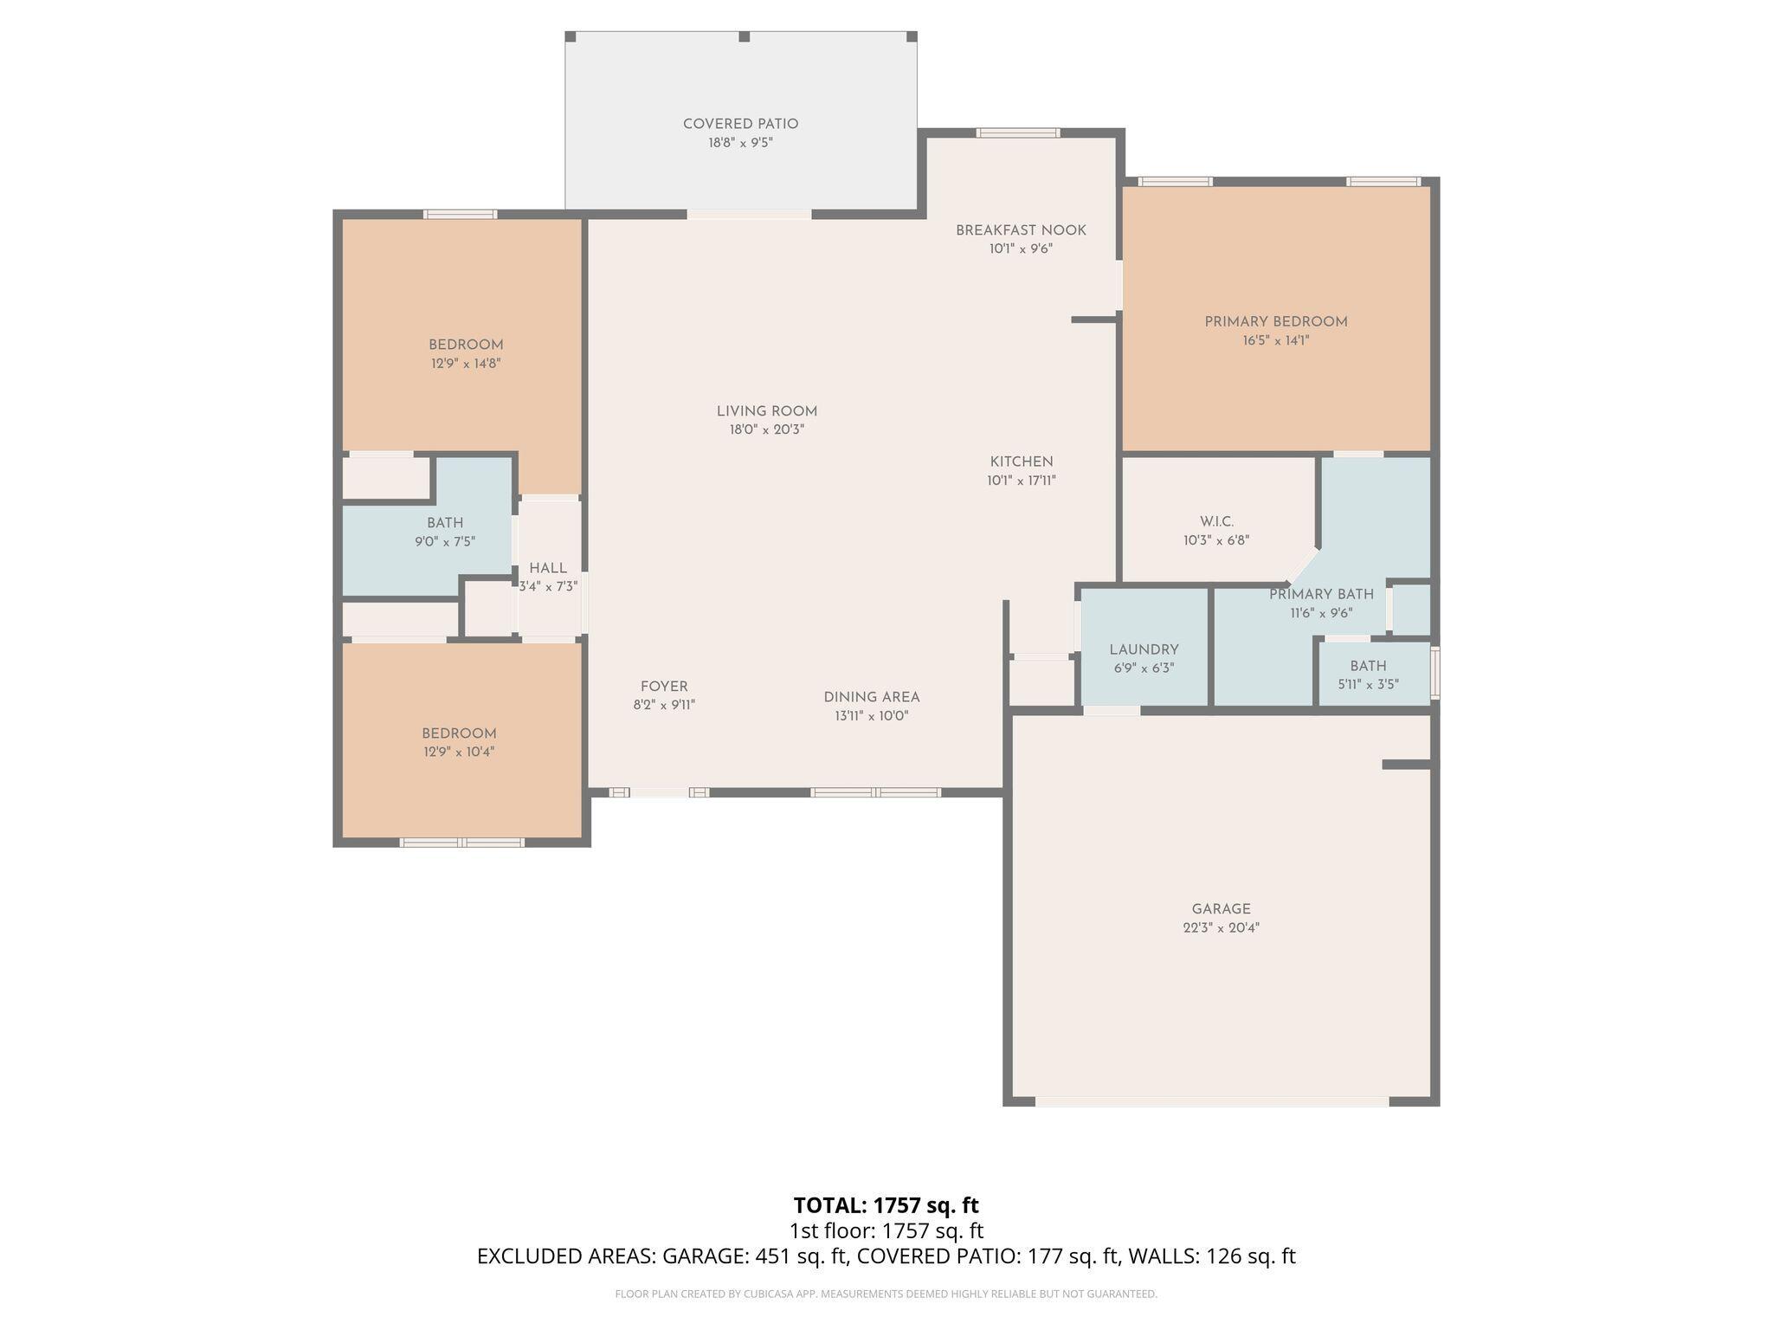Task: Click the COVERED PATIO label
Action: pos(740,124)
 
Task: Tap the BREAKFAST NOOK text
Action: pos(1021,230)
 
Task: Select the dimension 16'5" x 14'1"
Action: pos(1275,341)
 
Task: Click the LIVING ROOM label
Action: pos(766,411)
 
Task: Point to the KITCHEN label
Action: pos(1022,462)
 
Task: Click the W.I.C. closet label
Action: pos(1216,521)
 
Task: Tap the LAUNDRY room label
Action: pos(1144,649)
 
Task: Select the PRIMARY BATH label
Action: pos(1321,594)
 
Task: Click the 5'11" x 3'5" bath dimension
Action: pos(1368,684)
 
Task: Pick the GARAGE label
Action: pos(1221,909)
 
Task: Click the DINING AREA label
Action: pos(871,697)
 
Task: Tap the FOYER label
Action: pos(664,687)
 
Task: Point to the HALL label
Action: pos(548,568)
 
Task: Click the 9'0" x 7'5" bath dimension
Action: pos(445,542)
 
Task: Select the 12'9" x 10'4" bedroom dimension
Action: pos(459,752)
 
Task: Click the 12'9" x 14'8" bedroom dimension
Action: pos(466,364)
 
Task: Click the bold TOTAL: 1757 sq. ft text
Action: pos(886,1205)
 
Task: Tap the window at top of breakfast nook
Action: pos(1018,132)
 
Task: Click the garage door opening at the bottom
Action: pos(1212,1101)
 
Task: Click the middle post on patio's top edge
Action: pos(745,36)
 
